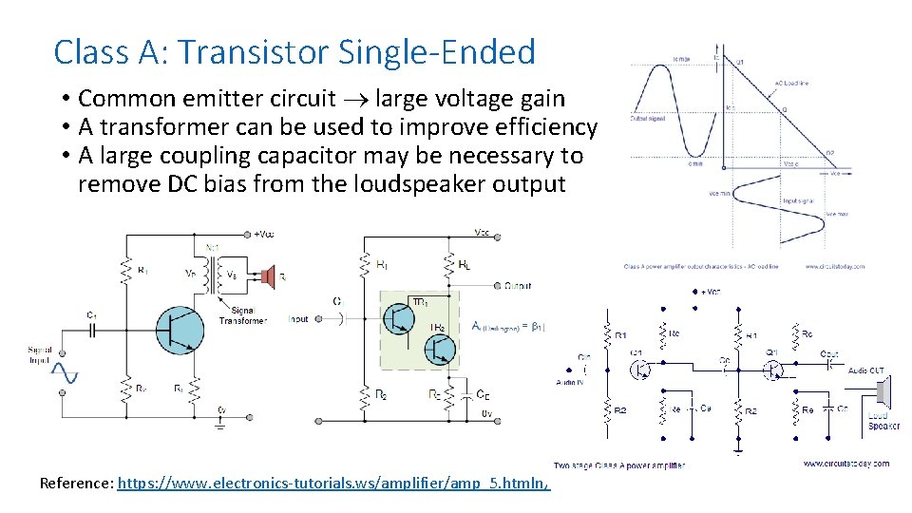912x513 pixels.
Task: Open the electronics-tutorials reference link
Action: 332,484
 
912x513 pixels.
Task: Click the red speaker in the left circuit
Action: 269,277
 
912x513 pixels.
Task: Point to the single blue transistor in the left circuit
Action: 179,330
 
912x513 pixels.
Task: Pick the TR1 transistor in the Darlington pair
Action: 399,316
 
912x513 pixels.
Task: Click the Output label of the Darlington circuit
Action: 518,285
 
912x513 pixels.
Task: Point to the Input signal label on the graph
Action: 796,201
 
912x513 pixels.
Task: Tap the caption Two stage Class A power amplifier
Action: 619,465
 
